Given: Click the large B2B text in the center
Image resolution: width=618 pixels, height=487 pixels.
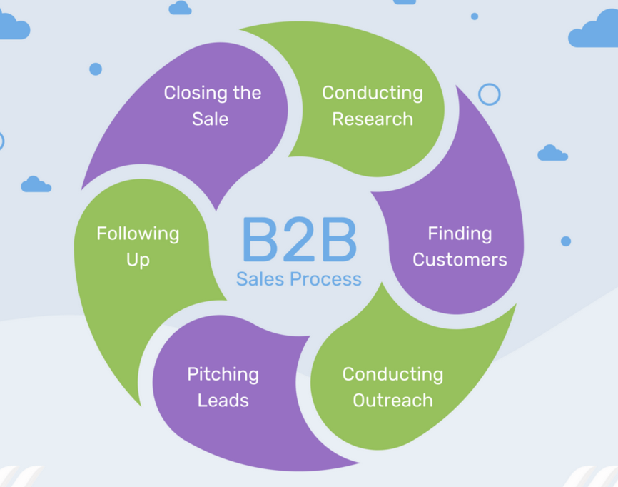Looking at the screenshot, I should [x=299, y=239].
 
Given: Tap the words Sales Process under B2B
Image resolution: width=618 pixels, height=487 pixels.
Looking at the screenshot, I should [x=299, y=278].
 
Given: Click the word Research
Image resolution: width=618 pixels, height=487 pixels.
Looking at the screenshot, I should [x=373, y=119].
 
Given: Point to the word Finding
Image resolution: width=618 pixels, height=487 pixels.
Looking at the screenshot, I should [x=460, y=234].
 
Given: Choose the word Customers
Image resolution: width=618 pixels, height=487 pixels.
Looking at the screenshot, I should [x=460, y=259].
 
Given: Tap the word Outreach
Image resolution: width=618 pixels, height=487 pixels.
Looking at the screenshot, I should [x=392, y=400].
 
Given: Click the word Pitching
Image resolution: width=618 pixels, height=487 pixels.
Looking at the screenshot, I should [x=223, y=374].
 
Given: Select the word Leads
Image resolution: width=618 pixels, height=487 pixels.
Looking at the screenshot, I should [x=223, y=400].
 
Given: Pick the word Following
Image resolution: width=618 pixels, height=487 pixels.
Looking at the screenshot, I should [x=138, y=234].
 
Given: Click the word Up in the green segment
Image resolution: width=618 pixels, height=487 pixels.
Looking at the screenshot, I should [x=138, y=259].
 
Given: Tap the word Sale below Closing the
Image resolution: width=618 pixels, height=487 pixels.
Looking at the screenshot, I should [x=210, y=119].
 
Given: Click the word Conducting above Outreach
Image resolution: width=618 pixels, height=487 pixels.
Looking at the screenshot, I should [x=392, y=374].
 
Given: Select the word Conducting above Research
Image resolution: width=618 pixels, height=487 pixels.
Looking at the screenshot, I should [x=373, y=93].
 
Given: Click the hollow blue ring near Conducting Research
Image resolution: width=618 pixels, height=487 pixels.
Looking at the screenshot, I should [x=489, y=94].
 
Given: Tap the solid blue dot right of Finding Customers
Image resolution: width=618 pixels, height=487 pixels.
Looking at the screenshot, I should [x=566, y=241].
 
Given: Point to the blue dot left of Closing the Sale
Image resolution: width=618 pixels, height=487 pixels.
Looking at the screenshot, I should [x=96, y=69].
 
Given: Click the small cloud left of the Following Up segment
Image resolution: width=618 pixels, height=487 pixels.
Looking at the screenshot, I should [x=36, y=185].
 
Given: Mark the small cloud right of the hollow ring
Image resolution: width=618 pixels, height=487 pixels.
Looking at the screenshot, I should [x=552, y=154].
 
